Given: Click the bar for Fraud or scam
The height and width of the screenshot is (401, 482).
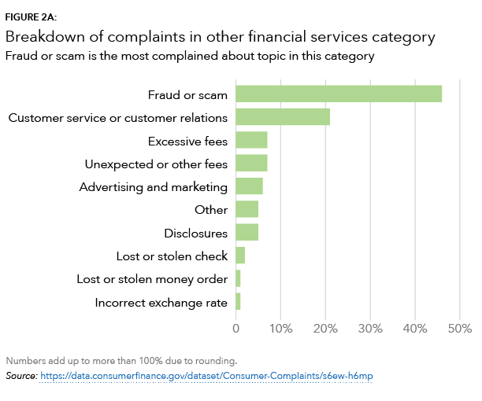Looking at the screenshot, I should pyautogui.click(x=339, y=94).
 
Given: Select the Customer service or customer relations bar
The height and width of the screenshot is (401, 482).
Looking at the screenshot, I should pyautogui.click(x=283, y=117).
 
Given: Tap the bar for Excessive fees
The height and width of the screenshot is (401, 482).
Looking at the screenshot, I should pyautogui.click(x=251, y=141).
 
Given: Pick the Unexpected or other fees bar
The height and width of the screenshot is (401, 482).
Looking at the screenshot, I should pyautogui.click(x=251, y=164).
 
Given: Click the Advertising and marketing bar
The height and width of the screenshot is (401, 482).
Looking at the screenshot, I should pyautogui.click(x=249, y=186).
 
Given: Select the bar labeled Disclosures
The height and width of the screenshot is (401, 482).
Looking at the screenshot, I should pyautogui.click(x=247, y=233).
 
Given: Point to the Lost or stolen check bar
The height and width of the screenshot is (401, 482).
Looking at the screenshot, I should pyautogui.click(x=240, y=256).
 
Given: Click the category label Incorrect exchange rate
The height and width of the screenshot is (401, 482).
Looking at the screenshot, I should pyautogui.click(x=161, y=303).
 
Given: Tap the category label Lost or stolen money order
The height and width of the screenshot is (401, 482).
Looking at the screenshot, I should pyautogui.click(x=152, y=279).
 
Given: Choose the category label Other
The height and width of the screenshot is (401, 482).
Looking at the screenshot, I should pyautogui.click(x=211, y=210).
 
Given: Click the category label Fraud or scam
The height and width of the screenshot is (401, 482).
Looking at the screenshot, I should pyautogui.click(x=187, y=95).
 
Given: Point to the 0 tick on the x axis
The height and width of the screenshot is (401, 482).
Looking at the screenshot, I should pyautogui.click(x=236, y=328).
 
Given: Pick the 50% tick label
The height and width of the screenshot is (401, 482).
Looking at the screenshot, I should pyautogui.click(x=459, y=328).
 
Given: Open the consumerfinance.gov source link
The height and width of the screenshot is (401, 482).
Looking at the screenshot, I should pyautogui.click(x=206, y=377).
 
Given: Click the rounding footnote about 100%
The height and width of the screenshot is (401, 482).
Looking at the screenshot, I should pyautogui.click(x=121, y=361).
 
